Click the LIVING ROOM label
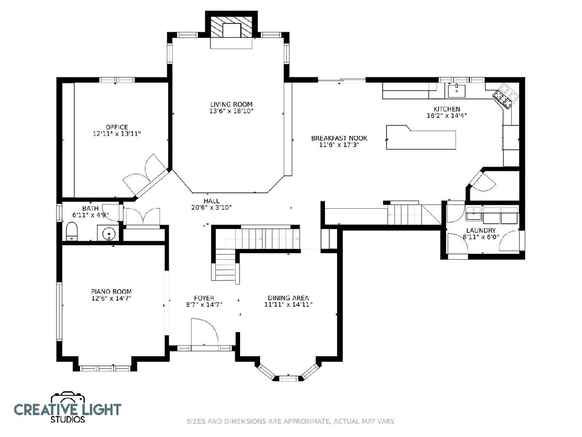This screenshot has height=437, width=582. [x=231, y=104]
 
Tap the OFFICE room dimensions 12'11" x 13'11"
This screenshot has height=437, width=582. [x=117, y=134]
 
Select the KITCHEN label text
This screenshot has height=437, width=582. [x=447, y=109]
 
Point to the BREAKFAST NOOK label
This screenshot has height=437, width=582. [x=339, y=138]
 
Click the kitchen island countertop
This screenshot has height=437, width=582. [x=420, y=138]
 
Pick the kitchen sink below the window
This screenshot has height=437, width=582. [x=456, y=91]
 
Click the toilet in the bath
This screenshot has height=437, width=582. [x=71, y=231]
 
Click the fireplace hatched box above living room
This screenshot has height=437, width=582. [x=231, y=27]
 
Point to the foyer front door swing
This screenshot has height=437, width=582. [x=205, y=332]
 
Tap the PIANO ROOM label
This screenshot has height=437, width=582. [x=112, y=292]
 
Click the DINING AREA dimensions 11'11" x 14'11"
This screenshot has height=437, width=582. [x=288, y=304]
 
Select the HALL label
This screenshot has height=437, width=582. [x=211, y=201]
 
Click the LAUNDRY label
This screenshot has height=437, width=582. [x=481, y=230]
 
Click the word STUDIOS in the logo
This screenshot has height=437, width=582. [x=67, y=420]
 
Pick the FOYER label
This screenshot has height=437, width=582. [x=204, y=298]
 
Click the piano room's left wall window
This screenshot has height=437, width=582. [x=59, y=311]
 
